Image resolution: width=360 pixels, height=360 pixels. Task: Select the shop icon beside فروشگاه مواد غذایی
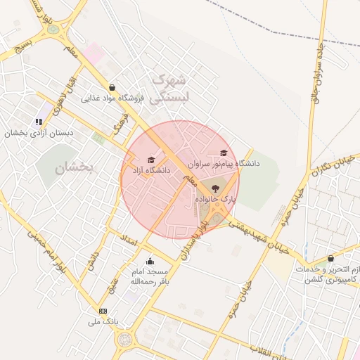pos(112,88)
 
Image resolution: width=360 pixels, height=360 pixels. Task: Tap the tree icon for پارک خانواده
pos(214,188)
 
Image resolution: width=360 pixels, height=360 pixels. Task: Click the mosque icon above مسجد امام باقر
pos(149,262)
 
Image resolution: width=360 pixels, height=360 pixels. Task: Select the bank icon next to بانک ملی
pos(103,311)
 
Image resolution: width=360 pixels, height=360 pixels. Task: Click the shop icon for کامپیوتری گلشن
pos(330,259)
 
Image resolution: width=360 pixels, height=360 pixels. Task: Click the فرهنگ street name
pos(121,127)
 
